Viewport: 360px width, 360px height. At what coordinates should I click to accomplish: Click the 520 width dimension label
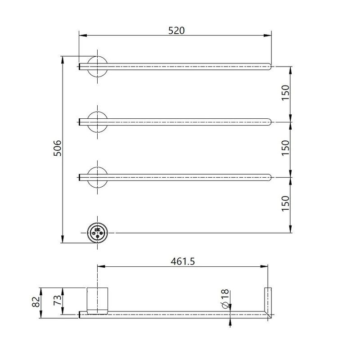tap(176, 31)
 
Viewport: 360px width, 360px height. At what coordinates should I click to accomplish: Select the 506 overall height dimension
tap(58, 148)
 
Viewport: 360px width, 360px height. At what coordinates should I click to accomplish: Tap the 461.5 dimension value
tap(183, 261)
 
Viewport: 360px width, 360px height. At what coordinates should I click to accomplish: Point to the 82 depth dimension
tap(36, 302)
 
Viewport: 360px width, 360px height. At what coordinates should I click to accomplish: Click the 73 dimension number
tap(58, 300)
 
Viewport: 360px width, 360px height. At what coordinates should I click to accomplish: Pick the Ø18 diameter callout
tap(225, 299)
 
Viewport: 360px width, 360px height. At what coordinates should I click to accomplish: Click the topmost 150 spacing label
tap(285, 93)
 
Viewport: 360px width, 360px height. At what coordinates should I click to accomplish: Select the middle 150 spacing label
tap(285, 148)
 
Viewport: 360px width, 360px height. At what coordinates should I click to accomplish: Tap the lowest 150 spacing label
tap(285, 203)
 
